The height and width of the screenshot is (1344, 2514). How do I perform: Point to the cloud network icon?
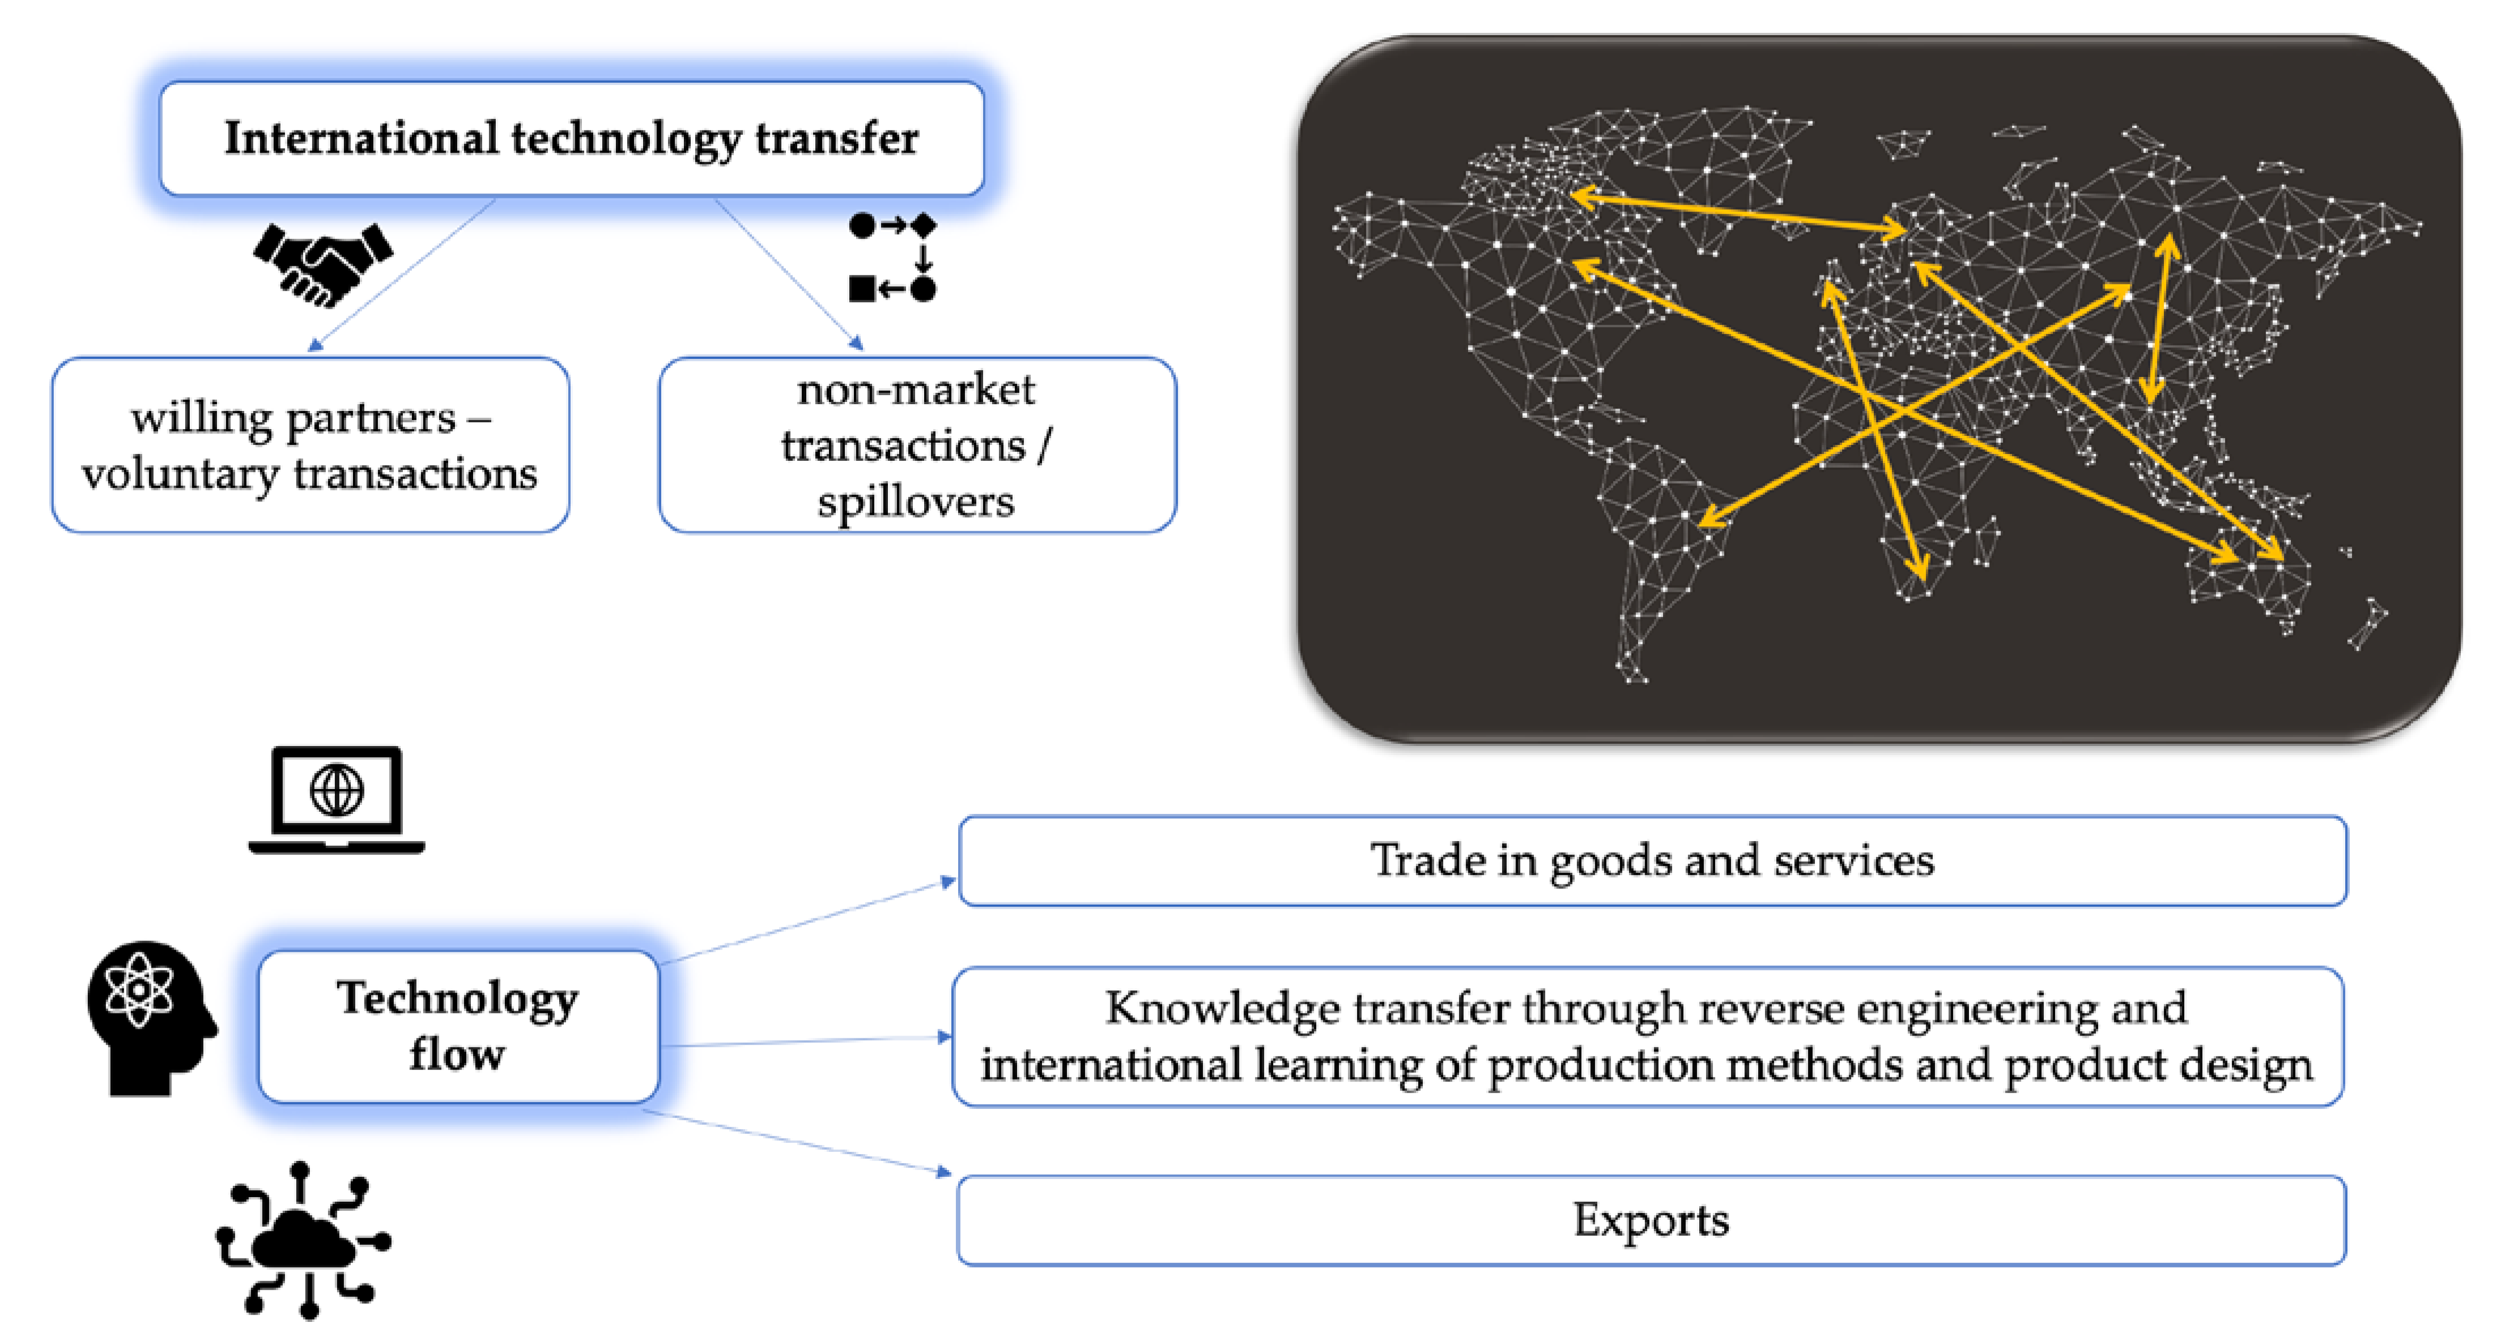304,1240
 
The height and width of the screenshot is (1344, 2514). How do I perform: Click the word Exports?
1651,1220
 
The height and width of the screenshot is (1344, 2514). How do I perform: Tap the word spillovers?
916,502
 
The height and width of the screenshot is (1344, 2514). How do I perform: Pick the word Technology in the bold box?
458,999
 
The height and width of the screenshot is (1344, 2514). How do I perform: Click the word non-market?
916,389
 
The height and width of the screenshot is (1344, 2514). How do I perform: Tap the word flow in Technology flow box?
457,1055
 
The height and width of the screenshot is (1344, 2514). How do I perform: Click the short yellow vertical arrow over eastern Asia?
2159,317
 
